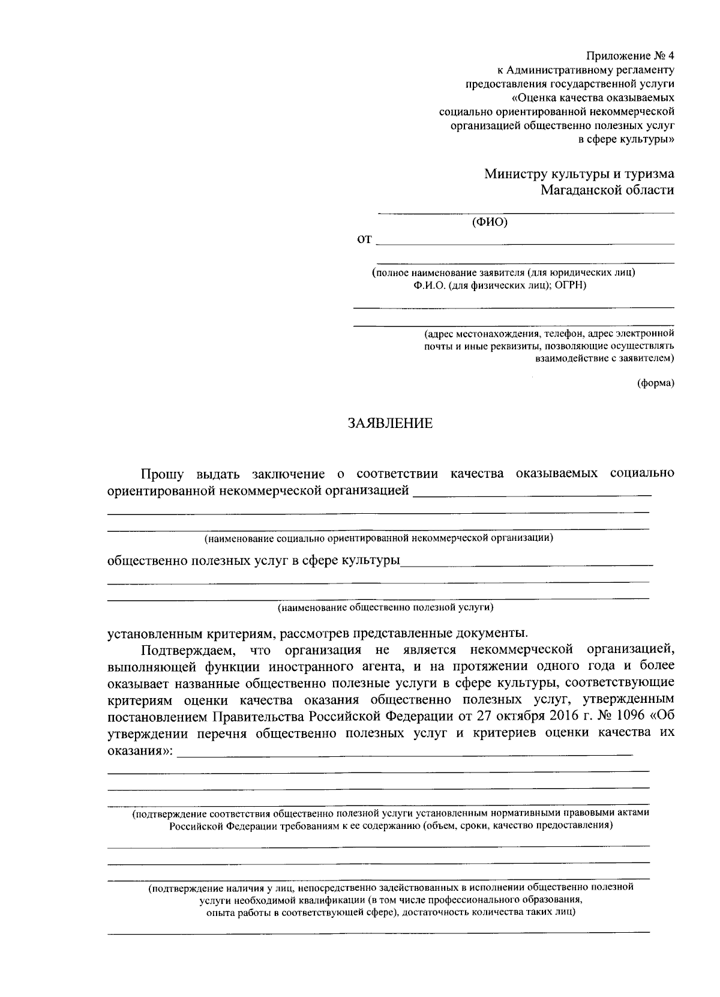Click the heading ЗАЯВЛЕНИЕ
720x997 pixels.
point(390,424)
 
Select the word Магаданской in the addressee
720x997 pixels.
point(579,190)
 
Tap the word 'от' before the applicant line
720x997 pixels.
point(364,240)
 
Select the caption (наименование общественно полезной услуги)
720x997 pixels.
point(385,608)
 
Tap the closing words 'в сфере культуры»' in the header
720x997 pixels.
point(626,139)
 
